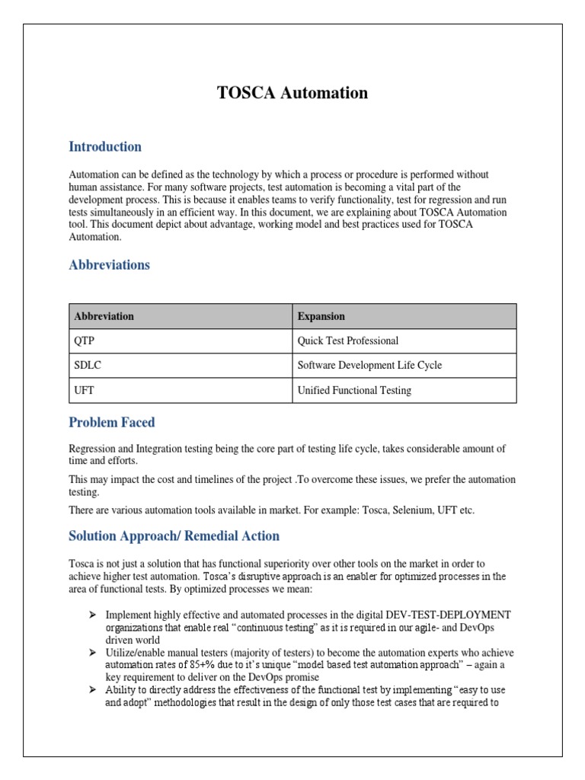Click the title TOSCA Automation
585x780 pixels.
click(292, 93)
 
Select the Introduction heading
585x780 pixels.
click(105, 146)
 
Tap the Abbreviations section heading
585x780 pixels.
click(109, 265)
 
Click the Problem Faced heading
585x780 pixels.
click(111, 422)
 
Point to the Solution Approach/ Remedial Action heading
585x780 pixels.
click(174, 535)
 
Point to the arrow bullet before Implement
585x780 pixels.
click(91, 614)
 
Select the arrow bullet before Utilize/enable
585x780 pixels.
click(91, 653)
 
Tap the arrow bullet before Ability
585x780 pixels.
click(91, 690)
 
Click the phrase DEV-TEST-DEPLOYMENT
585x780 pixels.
click(449, 615)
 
